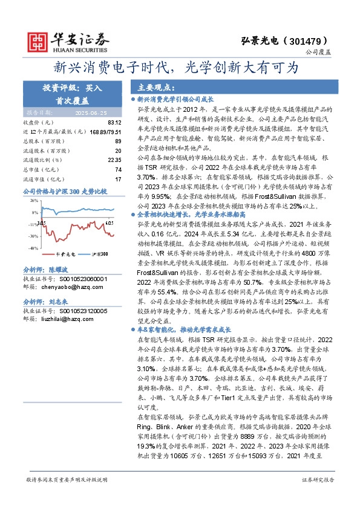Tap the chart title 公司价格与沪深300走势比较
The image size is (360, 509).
coord(64,191)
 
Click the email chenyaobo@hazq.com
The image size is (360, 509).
coord(70,288)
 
